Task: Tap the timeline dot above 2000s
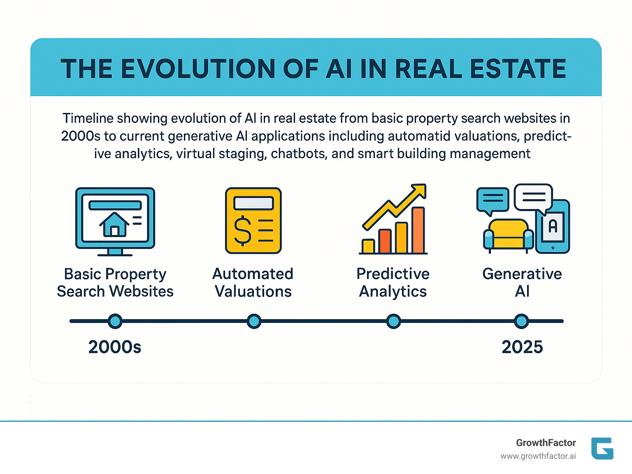115,321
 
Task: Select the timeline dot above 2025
522,321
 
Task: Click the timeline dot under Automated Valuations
254,321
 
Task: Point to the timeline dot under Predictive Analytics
394,321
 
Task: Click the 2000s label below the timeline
115,347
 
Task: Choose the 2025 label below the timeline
522,347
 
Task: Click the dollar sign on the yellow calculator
242,230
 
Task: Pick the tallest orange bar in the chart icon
418,230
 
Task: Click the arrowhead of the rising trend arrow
419,191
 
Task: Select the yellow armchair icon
508,234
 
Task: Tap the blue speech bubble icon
493,200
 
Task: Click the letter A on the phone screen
553,226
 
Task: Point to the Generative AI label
522,282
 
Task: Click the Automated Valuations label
253,282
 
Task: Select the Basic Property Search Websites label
115,282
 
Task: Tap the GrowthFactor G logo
602,448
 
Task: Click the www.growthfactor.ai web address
538,456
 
